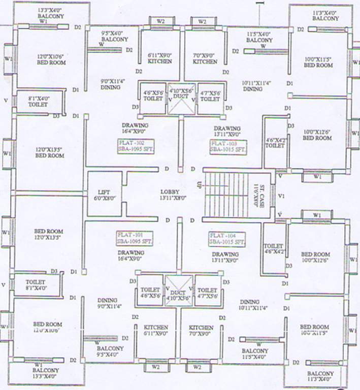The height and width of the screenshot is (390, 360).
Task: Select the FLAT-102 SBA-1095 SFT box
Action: [x=135, y=147]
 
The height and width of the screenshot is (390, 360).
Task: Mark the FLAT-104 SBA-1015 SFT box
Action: [x=227, y=239]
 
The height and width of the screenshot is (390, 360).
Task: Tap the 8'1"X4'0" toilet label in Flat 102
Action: [x=38, y=101]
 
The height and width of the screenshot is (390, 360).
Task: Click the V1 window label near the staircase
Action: [x=281, y=195]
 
